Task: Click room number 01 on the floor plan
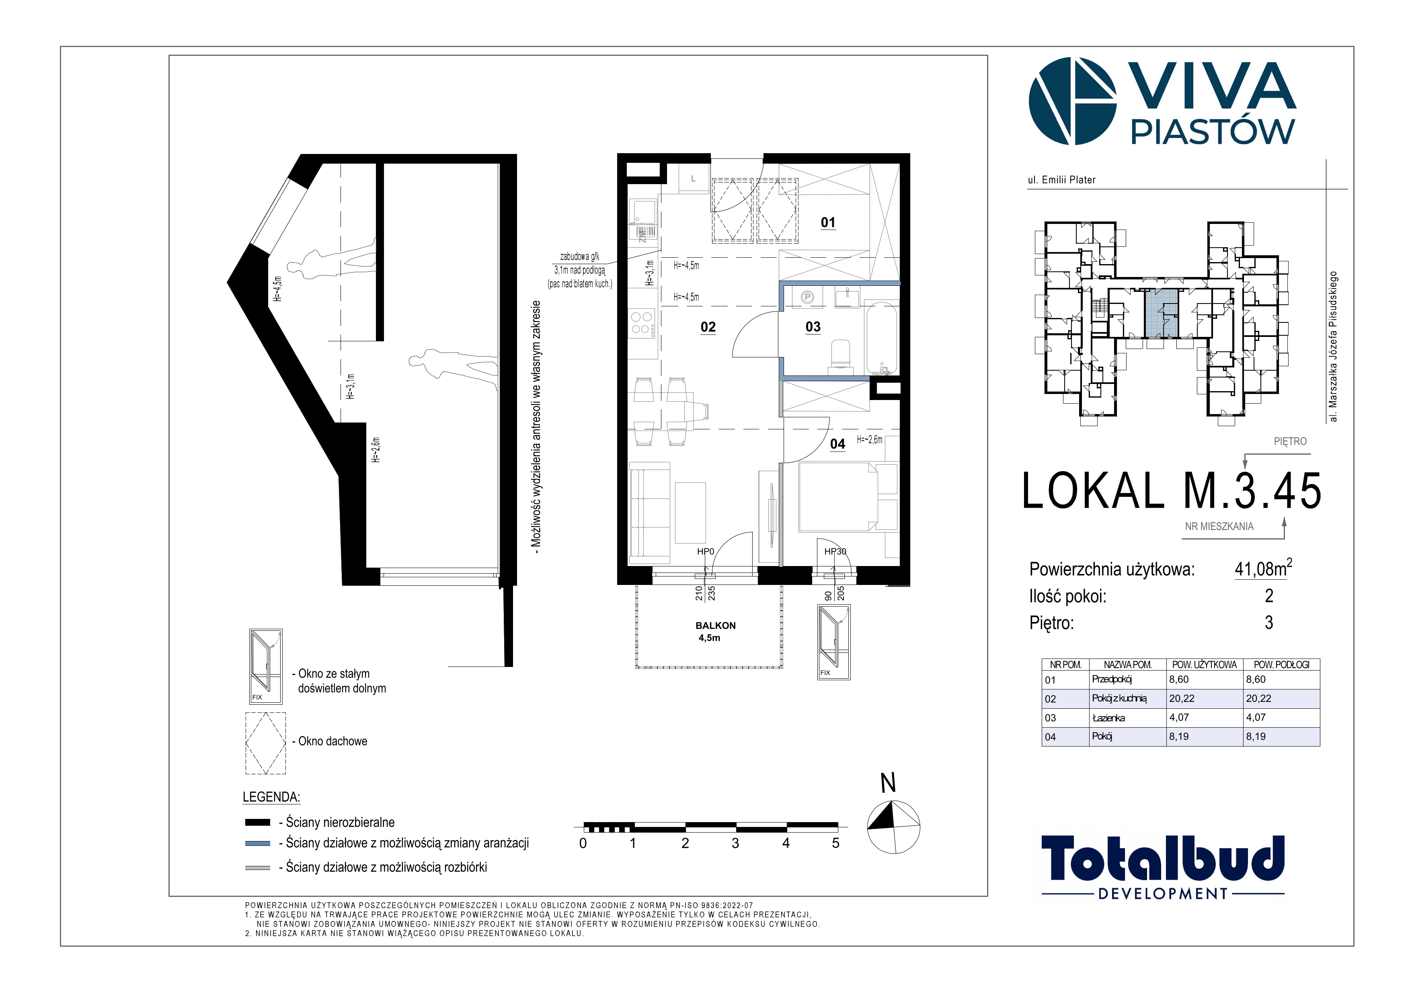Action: [x=828, y=222]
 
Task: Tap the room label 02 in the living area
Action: [x=708, y=327]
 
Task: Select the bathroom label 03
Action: [x=813, y=327]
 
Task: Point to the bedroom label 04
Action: [x=837, y=444]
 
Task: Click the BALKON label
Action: [x=715, y=626]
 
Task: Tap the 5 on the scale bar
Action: [x=836, y=843]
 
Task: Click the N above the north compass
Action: [x=888, y=784]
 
